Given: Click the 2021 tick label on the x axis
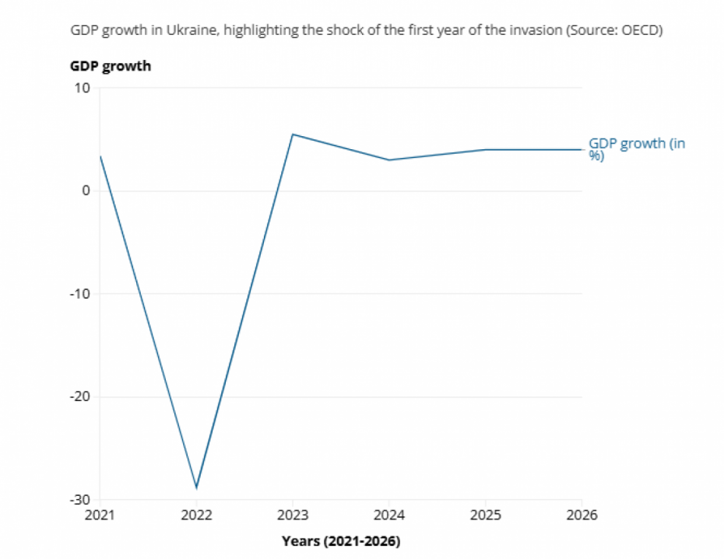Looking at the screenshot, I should pyautogui.click(x=100, y=515).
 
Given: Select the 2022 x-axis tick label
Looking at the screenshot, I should pyautogui.click(x=196, y=515).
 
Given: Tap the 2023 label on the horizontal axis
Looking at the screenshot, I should pyautogui.click(x=293, y=515).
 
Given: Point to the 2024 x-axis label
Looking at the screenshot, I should pyautogui.click(x=389, y=515).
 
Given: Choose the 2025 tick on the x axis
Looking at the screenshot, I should pyautogui.click(x=486, y=515).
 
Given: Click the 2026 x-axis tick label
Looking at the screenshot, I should pyautogui.click(x=582, y=515).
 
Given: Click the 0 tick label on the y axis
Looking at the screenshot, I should pyautogui.click(x=86, y=190).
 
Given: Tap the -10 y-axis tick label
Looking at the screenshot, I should pyautogui.click(x=80, y=294).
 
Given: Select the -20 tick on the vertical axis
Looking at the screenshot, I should pyautogui.click(x=80, y=397).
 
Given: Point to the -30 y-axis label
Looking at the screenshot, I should pyautogui.click(x=80, y=500).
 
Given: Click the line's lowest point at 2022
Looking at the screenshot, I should pyautogui.click(x=196, y=488).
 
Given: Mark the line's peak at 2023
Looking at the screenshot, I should pyautogui.click(x=293, y=135).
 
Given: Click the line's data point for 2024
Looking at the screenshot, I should pyautogui.click(x=389, y=160).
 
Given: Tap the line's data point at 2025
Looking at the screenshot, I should pyautogui.click(x=486, y=149).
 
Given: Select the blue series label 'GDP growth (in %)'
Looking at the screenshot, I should pyautogui.click(x=636, y=148).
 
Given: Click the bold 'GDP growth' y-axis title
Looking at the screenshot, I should pyautogui.click(x=111, y=66).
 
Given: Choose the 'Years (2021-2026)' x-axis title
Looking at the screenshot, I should pyautogui.click(x=340, y=540).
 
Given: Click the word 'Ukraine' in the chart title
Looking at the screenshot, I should pyautogui.click(x=190, y=30).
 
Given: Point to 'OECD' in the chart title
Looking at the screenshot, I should pyautogui.click(x=640, y=30).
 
